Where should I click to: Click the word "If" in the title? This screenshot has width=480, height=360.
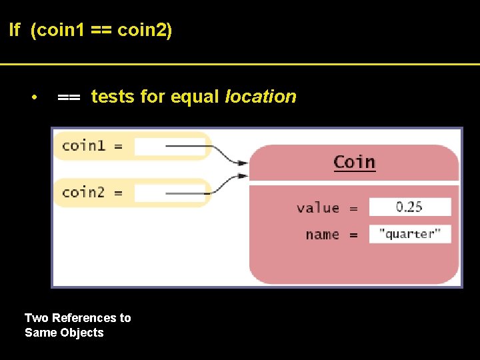(15, 30)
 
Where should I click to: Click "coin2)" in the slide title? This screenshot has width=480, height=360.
(145, 30)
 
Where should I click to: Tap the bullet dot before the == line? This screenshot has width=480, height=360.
(33, 98)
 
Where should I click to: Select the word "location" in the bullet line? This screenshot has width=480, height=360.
(260, 97)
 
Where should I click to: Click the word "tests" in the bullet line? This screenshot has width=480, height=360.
(113, 97)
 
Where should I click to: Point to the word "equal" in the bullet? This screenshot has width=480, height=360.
(195, 97)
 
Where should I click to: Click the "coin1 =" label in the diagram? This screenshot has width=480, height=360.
(92, 145)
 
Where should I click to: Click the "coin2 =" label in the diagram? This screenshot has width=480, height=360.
(92, 192)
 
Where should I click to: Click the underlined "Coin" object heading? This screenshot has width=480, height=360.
(354, 162)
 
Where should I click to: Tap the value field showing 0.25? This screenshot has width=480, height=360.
(409, 207)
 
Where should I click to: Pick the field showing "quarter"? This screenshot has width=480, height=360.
(409, 233)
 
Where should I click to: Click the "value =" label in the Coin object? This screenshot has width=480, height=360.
(327, 207)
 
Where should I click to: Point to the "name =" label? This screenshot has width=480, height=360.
(331, 234)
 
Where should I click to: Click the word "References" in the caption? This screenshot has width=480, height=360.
(83, 318)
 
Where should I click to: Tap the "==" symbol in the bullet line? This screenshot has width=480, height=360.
(69, 97)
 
